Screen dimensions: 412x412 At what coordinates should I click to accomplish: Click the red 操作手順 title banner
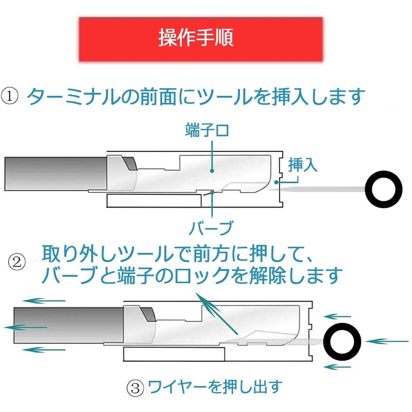(x=201, y=40)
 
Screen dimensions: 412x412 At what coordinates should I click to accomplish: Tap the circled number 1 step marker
(x=10, y=96)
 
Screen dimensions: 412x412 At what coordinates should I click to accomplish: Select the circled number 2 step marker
(x=17, y=262)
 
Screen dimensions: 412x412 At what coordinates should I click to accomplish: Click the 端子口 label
(x=207, y=130)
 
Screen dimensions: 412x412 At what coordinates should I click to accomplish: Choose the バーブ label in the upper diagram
(x=211, y=228)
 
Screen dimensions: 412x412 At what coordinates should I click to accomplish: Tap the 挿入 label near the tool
(x=303, y=165)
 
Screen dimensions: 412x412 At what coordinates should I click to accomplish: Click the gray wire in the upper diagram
(x=56, y=174)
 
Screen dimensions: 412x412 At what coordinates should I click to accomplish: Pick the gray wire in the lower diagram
(x=68, y=325)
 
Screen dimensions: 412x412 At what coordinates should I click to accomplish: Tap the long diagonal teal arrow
(x=217, y=314)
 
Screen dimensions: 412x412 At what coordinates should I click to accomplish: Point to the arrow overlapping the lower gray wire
(x=25, y=328)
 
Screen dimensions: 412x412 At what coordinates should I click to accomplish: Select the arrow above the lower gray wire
(x=44, y=301)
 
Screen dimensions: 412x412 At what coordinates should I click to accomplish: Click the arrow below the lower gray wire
(x=44, y=350)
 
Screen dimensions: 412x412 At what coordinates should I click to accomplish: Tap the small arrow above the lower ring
(x=337, y=317)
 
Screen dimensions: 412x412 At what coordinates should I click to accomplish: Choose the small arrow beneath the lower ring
(x=337, y=367)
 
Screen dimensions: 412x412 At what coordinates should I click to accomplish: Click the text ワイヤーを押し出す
(x=215, y=387)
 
